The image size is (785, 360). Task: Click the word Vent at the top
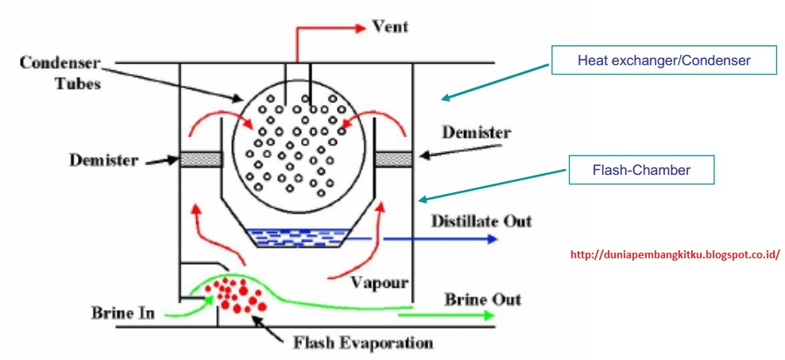point(390,26)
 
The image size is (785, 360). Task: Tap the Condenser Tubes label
point(60,73)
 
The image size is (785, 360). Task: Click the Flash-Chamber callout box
point(641,170)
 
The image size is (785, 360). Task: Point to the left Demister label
point(103,161)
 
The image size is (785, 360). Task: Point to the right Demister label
point(477,133)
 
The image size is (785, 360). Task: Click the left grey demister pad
point(201,159)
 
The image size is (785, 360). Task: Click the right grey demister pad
point(394,159)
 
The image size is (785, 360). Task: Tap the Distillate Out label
point(481,220)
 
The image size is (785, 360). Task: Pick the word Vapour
point(379,281)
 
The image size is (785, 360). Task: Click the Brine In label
point(122,313)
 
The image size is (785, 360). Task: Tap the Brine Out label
point(482,300)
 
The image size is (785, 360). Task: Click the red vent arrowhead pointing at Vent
point(359,28)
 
